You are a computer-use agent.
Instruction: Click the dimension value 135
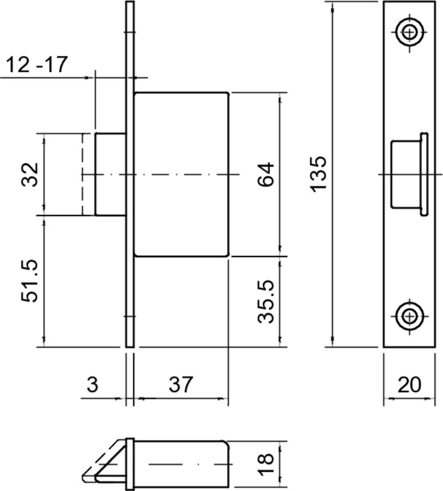click(x=318, y=174)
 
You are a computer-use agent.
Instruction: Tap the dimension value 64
click(x=265, y=174)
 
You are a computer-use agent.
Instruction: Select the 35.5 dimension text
click(x=265, y=301)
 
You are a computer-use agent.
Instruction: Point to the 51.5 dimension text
click(x=29, y=281)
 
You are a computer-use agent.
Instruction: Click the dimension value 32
click(x=29, y=175)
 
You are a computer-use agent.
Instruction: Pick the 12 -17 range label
click(x=37, y=64)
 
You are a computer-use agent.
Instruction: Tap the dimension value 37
click(x=181, y=384)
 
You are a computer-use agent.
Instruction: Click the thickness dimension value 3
click(x=93, y=384)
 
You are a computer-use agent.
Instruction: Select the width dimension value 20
click(x=409, y=385)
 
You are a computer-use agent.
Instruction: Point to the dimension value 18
click(x=265, y=464)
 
